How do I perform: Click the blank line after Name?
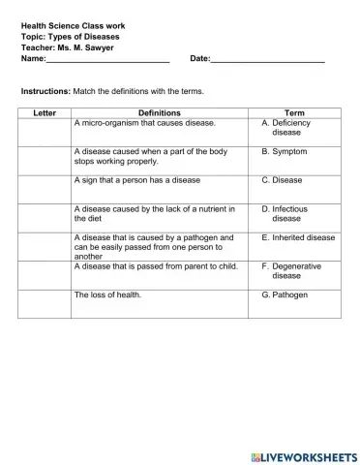pyautogui.click(x=107, y=61)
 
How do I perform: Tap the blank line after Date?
pyautogui.click(x=267, y=61)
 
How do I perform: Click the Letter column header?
pyautogui.click(x=45, y=113)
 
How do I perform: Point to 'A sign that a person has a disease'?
pyautogui.click(x=137, y=180)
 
